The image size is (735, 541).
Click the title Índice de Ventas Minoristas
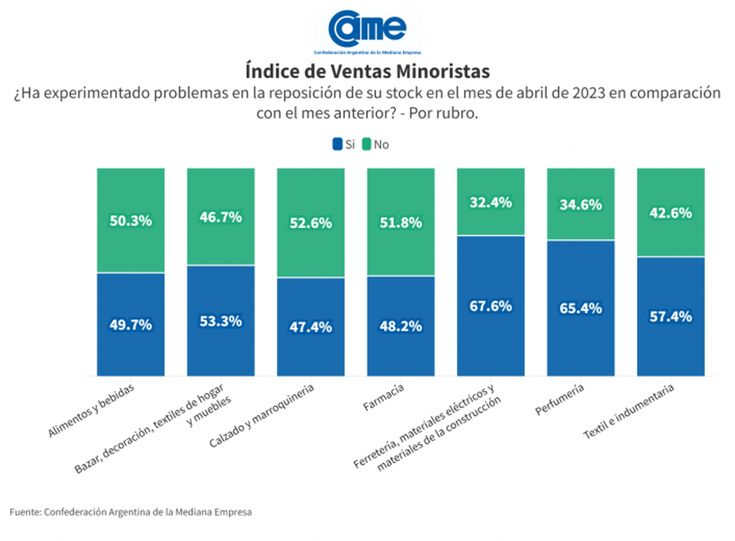[x=367, y=71]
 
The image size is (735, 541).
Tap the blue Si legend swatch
[x=337, y=144]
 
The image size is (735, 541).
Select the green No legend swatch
[x=367, y=144]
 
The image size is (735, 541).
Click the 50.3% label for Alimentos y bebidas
[x=130, y=221]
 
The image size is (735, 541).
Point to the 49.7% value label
[x=130, y=325]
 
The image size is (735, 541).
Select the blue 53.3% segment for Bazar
[x=221, y=321]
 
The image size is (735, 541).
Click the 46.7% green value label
[x=221, y=217]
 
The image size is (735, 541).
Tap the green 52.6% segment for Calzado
[x=311, y=223]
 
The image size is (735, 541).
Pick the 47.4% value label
[x=311, y=327]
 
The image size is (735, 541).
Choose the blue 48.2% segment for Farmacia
[x=401, y=326]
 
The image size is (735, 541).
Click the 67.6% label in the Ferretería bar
[x=491, y=305]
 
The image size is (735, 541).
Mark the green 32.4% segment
[x=491, y=202]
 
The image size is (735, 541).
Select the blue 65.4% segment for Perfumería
[x=581, y=308]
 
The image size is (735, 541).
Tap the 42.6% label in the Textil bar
[x=671, y=213]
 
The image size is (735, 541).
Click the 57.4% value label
[x=671, y=316]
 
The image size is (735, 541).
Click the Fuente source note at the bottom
[x=130, y=512]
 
